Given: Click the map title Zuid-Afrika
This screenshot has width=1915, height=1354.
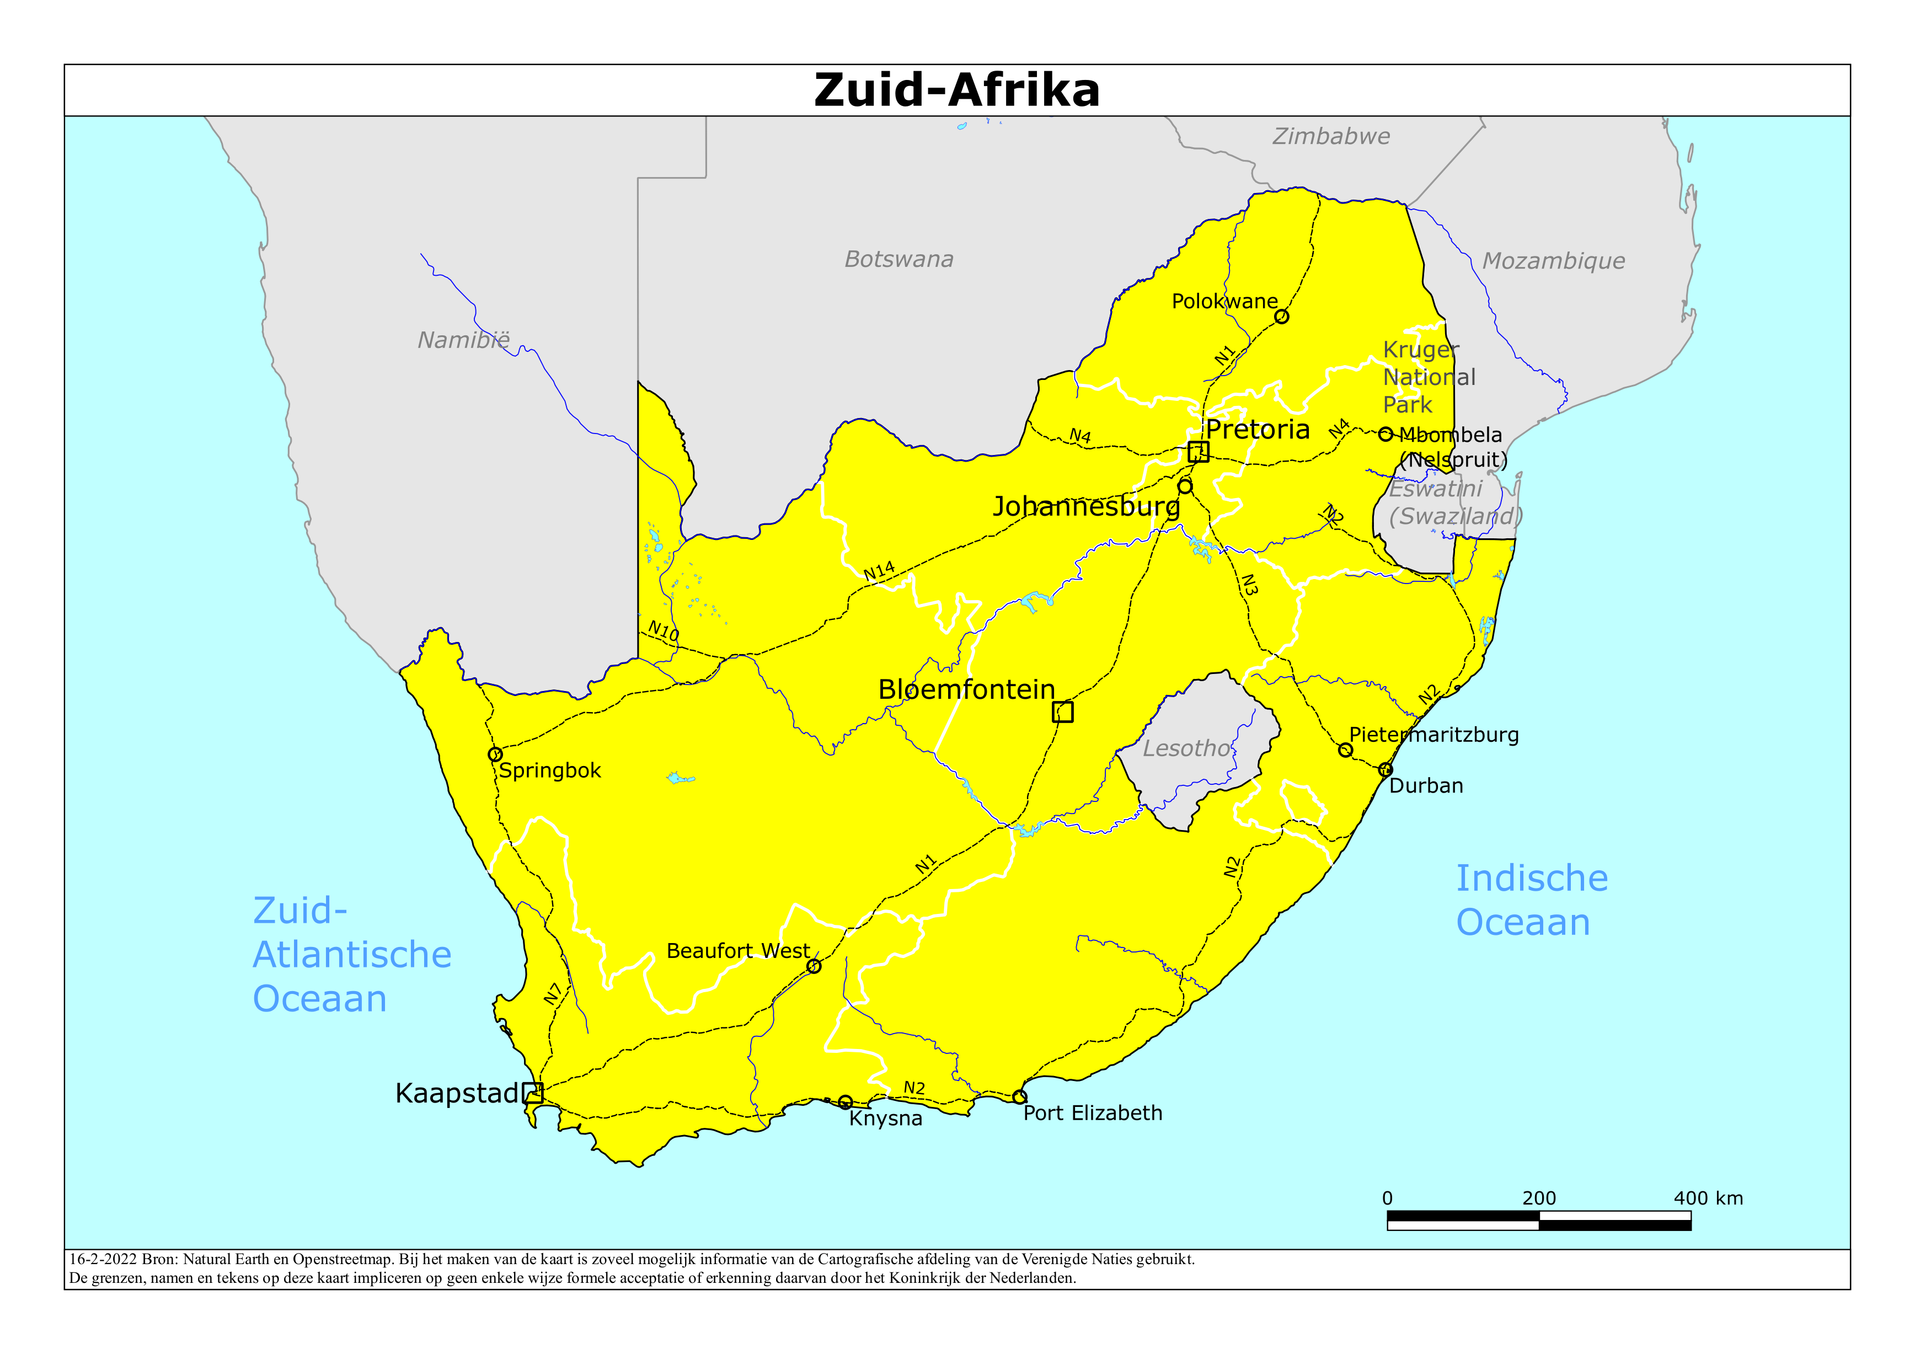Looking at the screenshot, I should tap(956, 90).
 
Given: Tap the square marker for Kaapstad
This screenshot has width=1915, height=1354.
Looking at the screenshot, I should tap(533, 1093).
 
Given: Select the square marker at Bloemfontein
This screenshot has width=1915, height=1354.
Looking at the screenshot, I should tap(1062, 711).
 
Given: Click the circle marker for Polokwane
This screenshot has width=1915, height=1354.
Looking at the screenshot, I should tap(1282, 316).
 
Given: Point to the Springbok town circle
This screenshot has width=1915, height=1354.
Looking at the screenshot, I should tap(495, 754).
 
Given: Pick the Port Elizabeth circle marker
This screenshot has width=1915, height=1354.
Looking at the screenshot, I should tap(1019, 1096).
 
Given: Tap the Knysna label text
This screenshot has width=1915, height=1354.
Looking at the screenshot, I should tap(885, 1118).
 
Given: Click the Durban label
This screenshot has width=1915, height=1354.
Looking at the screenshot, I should tap(1425, 786).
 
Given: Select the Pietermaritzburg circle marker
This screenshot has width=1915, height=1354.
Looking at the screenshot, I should tap(1345, 750).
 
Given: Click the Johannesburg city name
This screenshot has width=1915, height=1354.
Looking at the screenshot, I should tap(1086, 506).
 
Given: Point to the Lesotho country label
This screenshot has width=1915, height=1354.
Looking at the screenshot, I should tap(1186, 748).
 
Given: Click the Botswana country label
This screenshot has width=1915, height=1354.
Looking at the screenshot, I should tap(898, 259).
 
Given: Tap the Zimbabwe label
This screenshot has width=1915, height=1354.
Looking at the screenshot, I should tap(1331, 136).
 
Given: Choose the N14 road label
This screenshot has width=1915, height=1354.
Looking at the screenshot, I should tap(879, 571).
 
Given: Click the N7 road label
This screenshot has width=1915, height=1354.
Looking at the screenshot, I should tap(553, 994).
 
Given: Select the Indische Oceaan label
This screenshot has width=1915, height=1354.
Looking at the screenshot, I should tap(1531, 900).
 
